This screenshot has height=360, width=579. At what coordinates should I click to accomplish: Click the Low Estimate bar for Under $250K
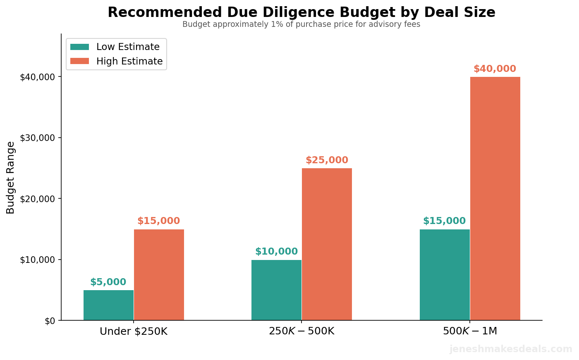108,305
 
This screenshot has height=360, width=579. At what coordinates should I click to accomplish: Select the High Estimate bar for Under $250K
159,274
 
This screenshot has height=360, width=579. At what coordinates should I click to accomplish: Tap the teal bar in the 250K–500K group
276,290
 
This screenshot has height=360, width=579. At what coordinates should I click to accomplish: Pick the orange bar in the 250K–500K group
327,244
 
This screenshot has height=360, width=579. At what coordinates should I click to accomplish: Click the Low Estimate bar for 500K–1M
445,274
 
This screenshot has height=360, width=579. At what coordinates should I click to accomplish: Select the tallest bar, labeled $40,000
495,198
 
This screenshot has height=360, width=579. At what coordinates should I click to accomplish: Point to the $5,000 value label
108,282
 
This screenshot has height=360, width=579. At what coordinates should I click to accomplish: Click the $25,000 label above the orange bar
327,160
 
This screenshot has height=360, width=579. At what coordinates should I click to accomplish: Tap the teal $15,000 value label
444,221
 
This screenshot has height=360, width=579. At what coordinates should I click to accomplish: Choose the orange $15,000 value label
158,221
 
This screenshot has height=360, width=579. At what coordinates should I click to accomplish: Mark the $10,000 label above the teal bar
276,252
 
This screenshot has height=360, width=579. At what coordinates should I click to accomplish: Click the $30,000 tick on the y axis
37,138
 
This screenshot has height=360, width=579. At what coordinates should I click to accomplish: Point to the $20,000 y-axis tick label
37,199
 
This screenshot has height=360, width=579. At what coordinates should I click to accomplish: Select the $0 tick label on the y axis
50,321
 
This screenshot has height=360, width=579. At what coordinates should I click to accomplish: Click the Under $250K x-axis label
134,331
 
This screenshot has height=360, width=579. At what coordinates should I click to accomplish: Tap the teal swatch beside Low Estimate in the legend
79,47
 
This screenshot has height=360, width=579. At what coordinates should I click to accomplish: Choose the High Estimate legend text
129,62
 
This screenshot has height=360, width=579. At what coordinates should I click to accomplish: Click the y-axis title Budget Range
11,178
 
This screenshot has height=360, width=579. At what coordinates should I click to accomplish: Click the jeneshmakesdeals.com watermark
511,349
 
